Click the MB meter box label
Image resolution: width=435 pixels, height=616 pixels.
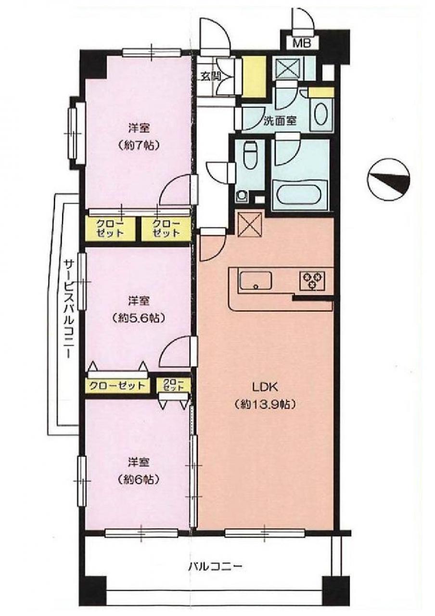302,43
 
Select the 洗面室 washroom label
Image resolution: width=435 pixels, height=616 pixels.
280,121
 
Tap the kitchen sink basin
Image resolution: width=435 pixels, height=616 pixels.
256,281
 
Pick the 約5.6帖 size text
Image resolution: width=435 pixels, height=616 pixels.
139,319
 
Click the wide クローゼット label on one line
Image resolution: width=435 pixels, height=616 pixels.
117,385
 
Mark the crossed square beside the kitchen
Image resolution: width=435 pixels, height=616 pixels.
250,224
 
